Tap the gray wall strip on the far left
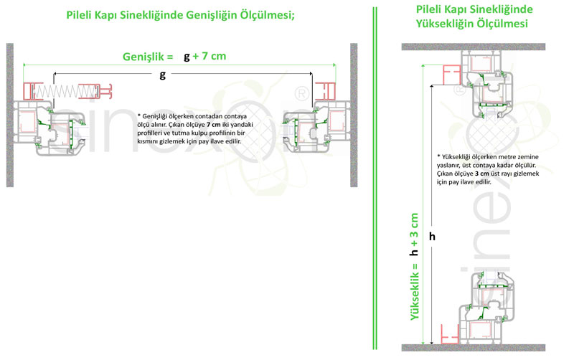(x=10, y=115)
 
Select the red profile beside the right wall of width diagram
(x=332, y=91)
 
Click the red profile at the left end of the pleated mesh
(x=30, y=92)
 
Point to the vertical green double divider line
(x=375, y=179)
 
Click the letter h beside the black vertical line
(x=432, y=236)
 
